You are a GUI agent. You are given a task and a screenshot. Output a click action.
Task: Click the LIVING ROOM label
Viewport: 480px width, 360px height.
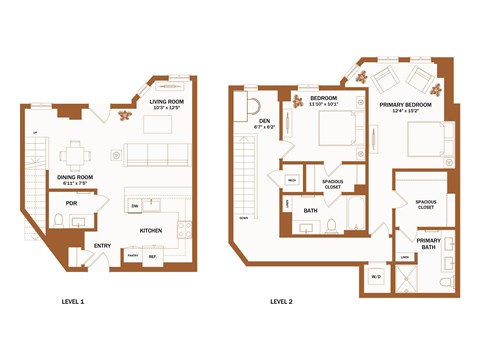169,101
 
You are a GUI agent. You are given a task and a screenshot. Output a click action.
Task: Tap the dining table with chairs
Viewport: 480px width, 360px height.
72,154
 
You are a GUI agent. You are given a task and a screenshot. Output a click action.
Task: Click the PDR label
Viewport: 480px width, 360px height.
71,203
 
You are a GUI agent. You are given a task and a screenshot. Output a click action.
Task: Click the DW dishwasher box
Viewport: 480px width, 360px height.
134,206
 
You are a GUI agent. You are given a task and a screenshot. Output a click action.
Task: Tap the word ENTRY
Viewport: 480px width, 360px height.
103,245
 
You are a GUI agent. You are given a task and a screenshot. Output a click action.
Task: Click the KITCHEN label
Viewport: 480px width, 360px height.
151,230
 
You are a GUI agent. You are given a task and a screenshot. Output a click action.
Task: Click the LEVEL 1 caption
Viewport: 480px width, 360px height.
72,301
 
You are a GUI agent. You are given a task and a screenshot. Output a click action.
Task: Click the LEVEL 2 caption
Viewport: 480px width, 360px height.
281,301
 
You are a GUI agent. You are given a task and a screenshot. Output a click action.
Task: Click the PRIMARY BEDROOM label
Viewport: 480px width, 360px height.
405,103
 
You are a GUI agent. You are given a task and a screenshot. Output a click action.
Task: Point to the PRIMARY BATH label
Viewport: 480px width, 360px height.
428,242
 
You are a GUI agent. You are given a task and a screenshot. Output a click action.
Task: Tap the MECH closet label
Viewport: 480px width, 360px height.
291,180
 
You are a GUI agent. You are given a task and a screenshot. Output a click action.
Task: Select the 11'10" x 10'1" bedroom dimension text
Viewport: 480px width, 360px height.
324,103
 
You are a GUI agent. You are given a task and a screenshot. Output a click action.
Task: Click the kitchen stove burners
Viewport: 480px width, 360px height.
183,225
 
